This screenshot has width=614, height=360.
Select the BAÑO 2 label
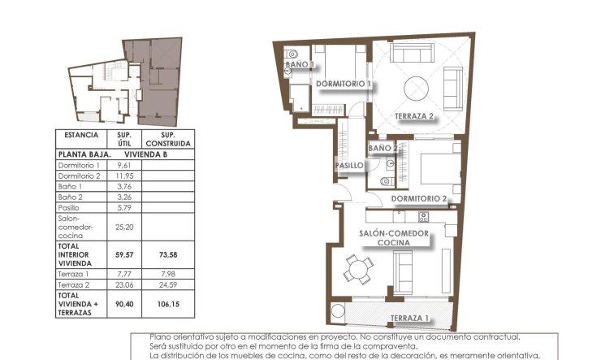[x=383, y=149]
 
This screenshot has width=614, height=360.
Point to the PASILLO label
[x=348, y=166]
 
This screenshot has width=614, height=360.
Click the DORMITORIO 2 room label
[x=419, y=198]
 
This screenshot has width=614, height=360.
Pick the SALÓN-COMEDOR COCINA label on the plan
[x=394, y=237]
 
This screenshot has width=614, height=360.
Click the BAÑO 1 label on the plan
[x=299, y=63]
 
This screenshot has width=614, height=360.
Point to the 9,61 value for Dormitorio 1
[x=124, y=165]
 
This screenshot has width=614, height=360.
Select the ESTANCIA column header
[x=80, y=135]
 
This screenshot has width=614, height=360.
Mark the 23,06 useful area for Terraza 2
[x=124, y=284]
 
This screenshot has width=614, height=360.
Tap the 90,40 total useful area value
[x=124, y=305]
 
